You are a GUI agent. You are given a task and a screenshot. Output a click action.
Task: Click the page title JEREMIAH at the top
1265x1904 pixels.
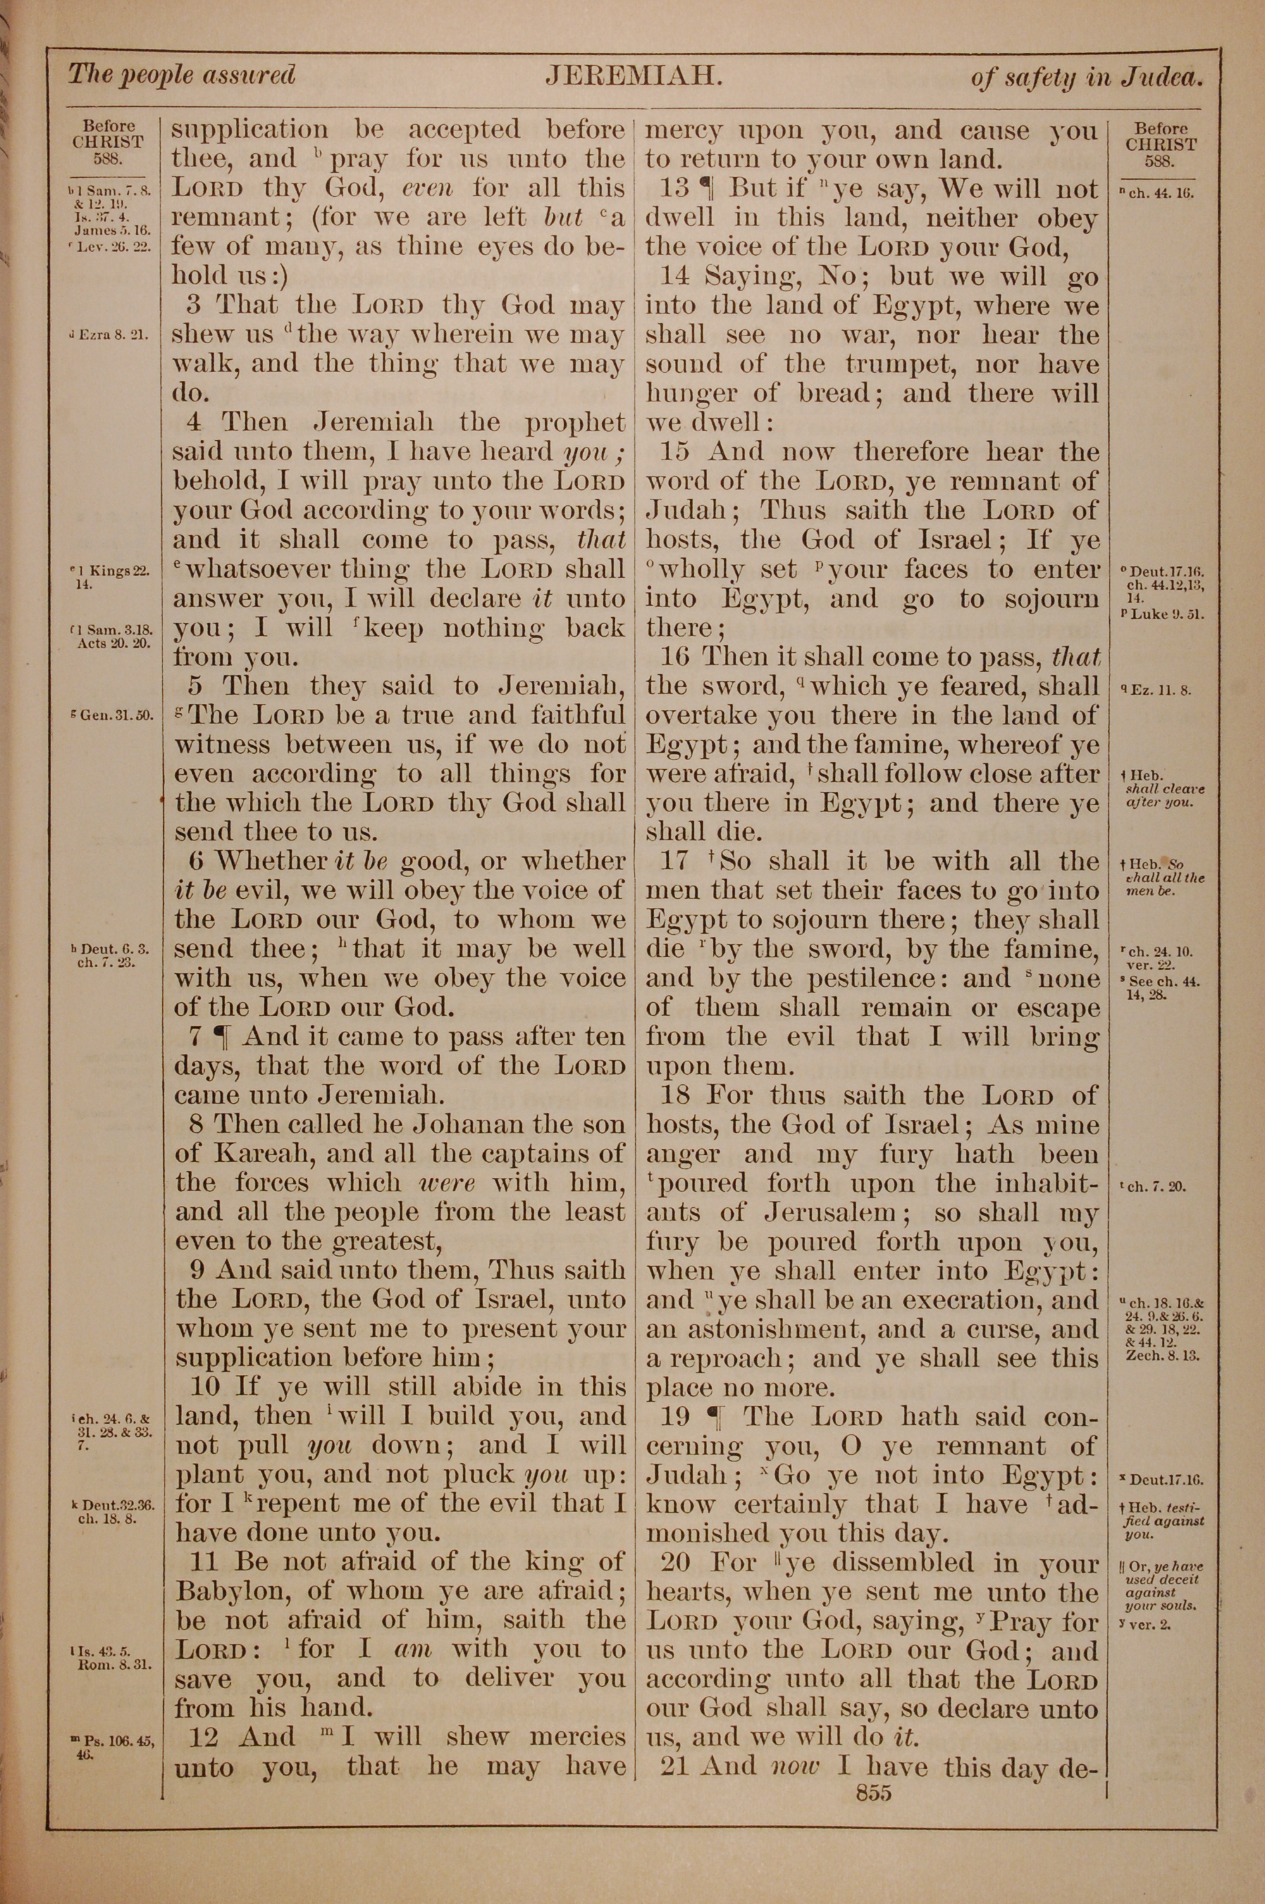tap(632, 76)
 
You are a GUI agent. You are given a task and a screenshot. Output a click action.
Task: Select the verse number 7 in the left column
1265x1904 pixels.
tap(197, 1036)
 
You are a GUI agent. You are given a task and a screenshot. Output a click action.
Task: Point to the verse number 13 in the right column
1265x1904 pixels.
tap(674, 189)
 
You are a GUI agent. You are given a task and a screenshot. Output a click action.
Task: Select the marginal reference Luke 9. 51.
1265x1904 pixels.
tap(1162, 613)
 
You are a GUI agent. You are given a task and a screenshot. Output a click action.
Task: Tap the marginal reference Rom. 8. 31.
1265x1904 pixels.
tap(114, 1664)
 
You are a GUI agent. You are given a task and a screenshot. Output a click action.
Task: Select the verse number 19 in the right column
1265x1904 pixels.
tap(676, 1417)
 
